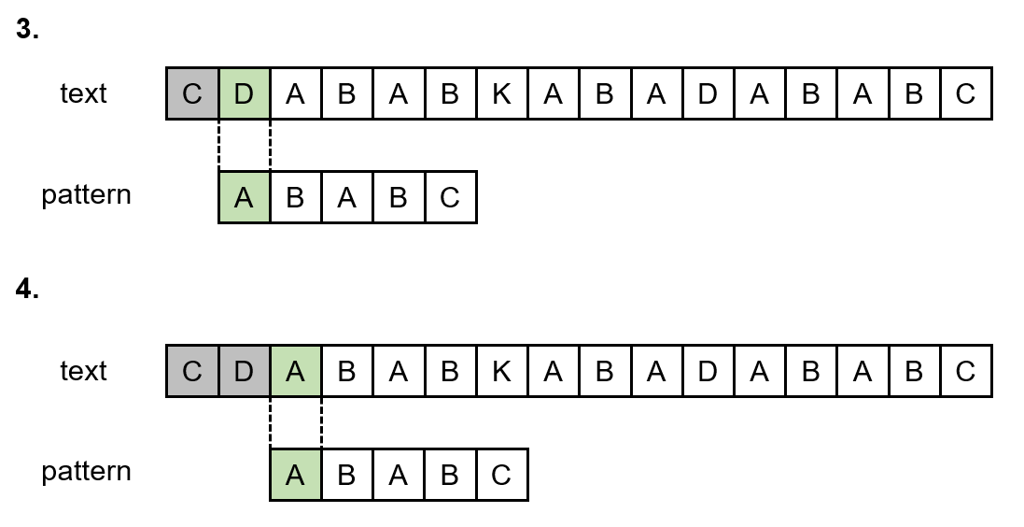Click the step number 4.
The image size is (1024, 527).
point(27,289)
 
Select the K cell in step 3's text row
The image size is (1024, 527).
point(501,93)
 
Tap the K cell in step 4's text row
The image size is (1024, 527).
point(501,371)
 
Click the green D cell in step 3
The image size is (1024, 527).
point(244,93)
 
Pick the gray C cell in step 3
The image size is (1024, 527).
point(192,93)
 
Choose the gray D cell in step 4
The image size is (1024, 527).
point(244,371)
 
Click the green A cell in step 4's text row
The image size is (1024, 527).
point(295,371)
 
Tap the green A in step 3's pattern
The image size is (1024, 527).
point(244,197)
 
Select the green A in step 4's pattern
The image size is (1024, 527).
point(295,475)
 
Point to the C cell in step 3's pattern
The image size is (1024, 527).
point(450,197)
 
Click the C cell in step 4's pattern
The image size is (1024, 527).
point(501,475)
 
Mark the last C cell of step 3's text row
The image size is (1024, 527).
point(965,93)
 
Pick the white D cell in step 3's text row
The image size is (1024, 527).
point(708,93)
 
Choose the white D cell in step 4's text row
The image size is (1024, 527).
point(708,371)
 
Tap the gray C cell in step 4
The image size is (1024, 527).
point(192,371)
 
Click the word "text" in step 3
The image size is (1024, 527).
point(83,93)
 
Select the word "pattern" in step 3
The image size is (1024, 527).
point(86,195)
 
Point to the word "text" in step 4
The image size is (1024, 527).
point(83,371)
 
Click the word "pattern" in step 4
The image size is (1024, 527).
point(86,472)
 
